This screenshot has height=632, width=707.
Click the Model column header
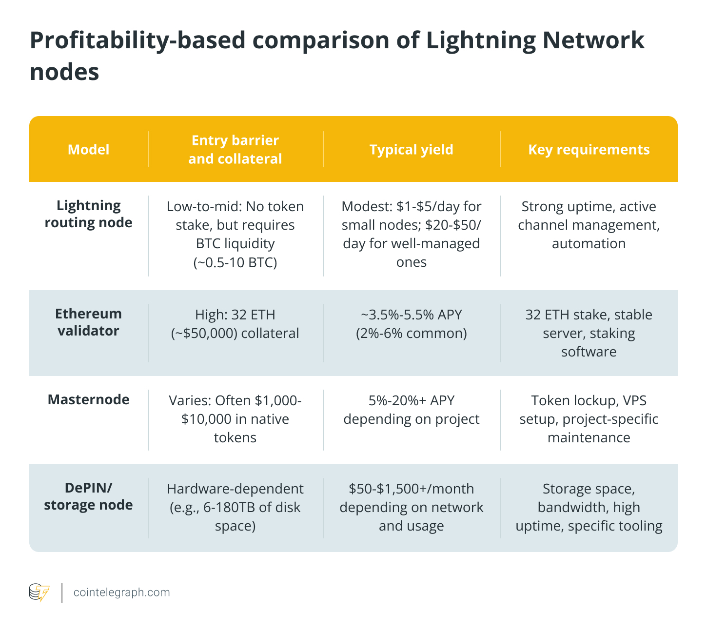(88, 149)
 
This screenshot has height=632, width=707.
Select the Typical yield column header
(411, 149)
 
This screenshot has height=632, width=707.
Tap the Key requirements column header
(589, 149)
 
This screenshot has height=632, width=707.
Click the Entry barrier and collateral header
(235, 149)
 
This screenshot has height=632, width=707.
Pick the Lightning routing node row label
(88, 214)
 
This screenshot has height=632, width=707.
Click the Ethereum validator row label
(88, 322)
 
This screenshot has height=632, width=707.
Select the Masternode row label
(88, 399)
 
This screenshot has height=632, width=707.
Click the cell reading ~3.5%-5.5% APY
(411, 315)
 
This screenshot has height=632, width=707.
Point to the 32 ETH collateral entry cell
(235, 324)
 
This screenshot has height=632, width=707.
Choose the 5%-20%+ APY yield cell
(411, 410)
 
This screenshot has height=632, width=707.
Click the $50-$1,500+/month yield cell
(411, 507)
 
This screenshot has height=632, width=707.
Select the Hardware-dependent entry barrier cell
(235, 507)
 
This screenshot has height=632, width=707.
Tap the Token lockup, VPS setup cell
(589, 419)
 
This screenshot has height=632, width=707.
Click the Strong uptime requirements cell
(589, 225)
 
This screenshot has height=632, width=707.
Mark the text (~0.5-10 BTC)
(235, 262)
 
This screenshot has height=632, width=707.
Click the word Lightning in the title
(480, 40)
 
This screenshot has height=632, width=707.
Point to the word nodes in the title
(64, 72)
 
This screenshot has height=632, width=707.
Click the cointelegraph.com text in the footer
(121, 592)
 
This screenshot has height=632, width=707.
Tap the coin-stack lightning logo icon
(39, 592)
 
